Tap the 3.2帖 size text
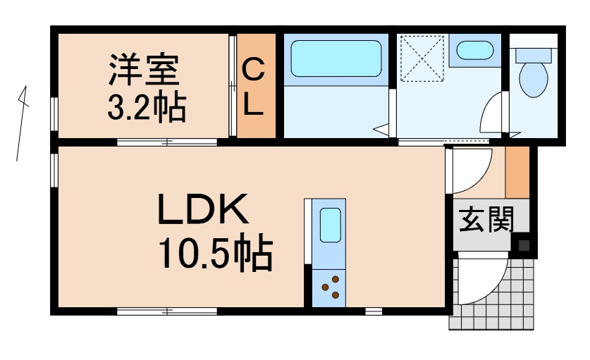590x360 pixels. tap(146, 107)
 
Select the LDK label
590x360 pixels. tap(203, 211)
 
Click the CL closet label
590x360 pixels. tap(254, 87)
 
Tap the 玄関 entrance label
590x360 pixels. tap(484, 221)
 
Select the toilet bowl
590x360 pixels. tap(534, 80)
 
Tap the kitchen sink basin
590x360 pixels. tap(330, 225)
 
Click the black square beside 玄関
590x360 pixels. tap(524, 246)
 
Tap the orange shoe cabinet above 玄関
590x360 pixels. tap(517, 173)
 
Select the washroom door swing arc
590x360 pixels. tap(492, 113)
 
